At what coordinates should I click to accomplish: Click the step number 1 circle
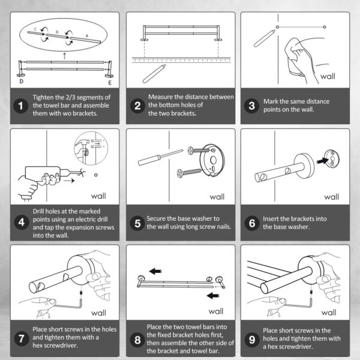[x=21, y=106]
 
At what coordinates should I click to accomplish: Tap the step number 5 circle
[x=137, y=223]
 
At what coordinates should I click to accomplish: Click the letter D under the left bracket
[x=21, y=81]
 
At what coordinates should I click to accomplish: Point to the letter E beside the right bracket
[x=110, y=83]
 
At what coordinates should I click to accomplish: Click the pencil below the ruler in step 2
[x=154, y=74]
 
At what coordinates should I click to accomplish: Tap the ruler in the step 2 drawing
[x=181, y=59]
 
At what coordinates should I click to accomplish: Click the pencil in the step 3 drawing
[x=265, y=38]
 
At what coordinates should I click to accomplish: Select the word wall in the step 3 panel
[x=328, y=76]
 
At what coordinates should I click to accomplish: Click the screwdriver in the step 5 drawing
[x=160, y=157]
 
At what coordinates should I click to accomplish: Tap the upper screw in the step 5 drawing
[x=199, y=151]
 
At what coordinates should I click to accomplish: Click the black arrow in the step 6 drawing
[x=323, y=160]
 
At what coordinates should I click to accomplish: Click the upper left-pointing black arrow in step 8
[x=155, y=271]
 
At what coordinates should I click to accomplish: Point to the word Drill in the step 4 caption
[x=40, y=211]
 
